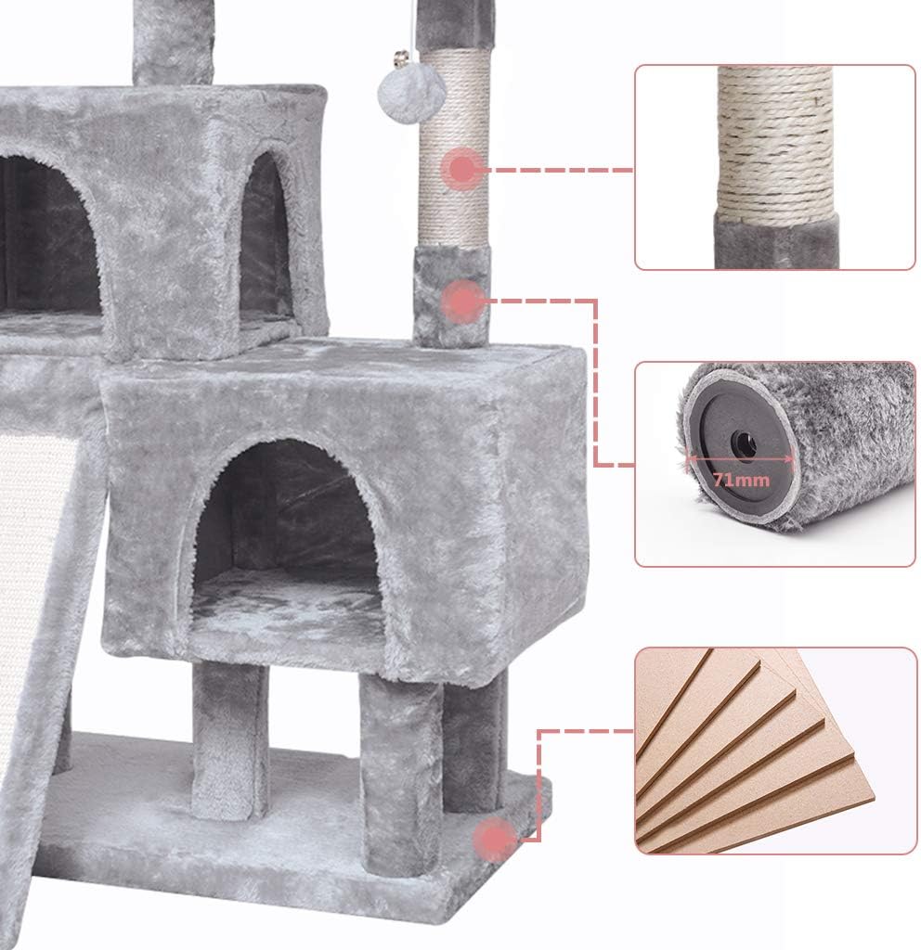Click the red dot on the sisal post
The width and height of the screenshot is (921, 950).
tap(461, 170)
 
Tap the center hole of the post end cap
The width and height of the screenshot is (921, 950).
tap(743, 445)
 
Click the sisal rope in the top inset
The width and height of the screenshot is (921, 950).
tap(775, 139)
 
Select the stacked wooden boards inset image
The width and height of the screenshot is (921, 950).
tap(775, 750)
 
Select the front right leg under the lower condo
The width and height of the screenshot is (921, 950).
tap(399, 770)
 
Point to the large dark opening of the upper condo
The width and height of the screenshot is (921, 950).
tap(46, 232)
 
